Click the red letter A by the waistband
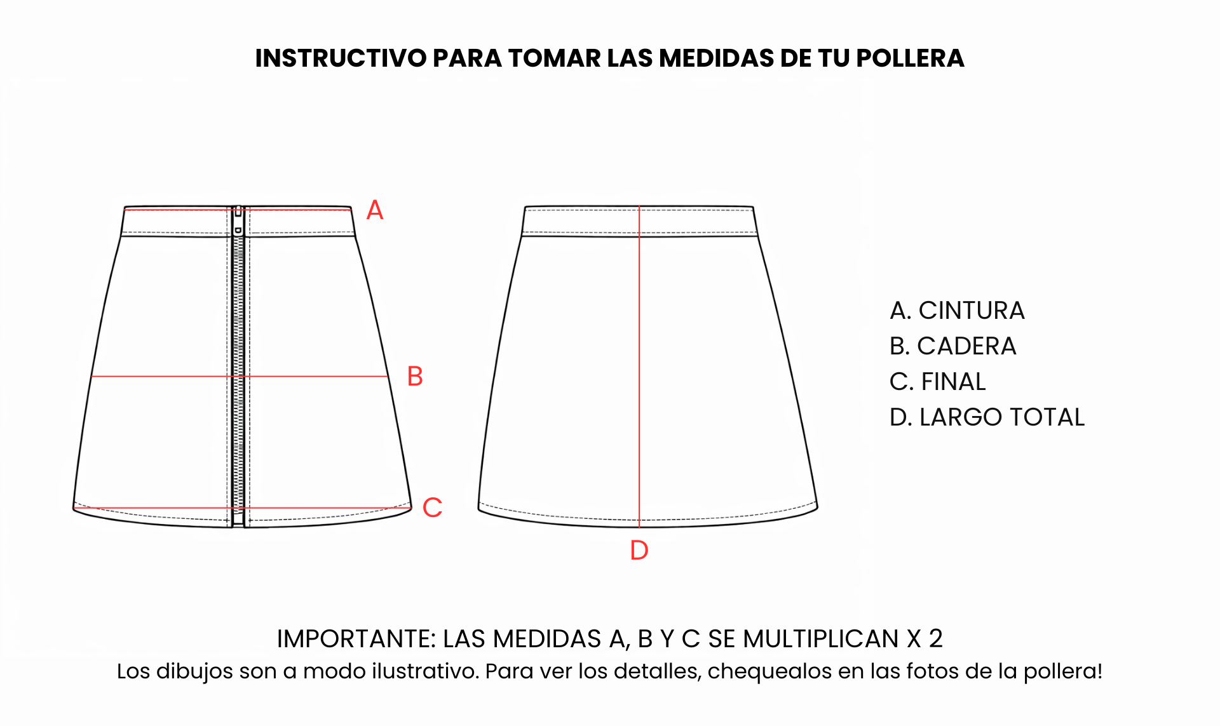pyautogui.click(x=375, y=210)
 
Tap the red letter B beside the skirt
pyautogui.click(x=415, y=377)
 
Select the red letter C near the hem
pyautogui.click(x=432, y=508)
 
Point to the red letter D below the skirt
pyautogui.click(x=639, y=550)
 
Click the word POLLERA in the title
pyautogui.click(x=910, y=58)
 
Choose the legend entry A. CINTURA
pyautogui.click(x=957, y=311)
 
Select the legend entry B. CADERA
pyautogui.click(x=953, y=346)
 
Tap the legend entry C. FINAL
pyautogui.click(x=938, y=382)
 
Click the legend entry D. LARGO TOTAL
pyautogui.click(x=987, y=417)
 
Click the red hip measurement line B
pyautogui.click(x=240, y=377)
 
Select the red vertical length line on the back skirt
pyautogui.click(x=639, y=366)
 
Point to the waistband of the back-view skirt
pyautogui.click(x=640, y=221)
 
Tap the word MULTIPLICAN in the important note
pyautogui.click(x=820, y=639)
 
